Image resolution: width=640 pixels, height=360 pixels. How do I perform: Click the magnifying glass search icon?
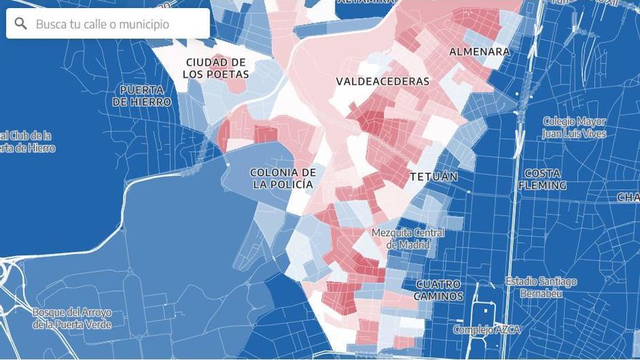[x=20, y=24]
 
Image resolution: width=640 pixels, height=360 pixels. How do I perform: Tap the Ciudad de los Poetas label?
[x=215, y=68]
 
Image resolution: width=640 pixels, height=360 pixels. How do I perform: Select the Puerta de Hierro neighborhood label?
[x=142, y=95]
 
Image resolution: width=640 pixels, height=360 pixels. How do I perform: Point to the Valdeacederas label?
[x=383, y=81]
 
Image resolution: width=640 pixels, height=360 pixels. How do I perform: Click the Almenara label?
[x=479, y=52]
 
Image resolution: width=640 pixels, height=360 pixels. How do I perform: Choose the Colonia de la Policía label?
[x=283, y=178]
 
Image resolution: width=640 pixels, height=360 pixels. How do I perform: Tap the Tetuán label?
[x=433, y=177]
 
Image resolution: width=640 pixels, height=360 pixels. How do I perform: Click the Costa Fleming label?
[x=542, y=179]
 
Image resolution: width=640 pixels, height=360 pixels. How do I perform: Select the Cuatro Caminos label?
[x=439, y=289]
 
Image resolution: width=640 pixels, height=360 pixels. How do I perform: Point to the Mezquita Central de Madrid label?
[x=408, y=239]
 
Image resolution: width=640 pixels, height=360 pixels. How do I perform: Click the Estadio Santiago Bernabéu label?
[x=541, y=287]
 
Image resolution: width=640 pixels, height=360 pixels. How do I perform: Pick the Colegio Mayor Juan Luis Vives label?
[x=574, y=127]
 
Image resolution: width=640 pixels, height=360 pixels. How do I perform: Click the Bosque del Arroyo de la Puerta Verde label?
[x=71, y=318]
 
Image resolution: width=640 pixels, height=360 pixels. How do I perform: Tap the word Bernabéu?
[x=541, y=293]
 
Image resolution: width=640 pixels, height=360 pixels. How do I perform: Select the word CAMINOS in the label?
[x=439, y=296]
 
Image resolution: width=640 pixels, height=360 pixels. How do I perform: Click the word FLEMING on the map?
[x=542, y=185]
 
